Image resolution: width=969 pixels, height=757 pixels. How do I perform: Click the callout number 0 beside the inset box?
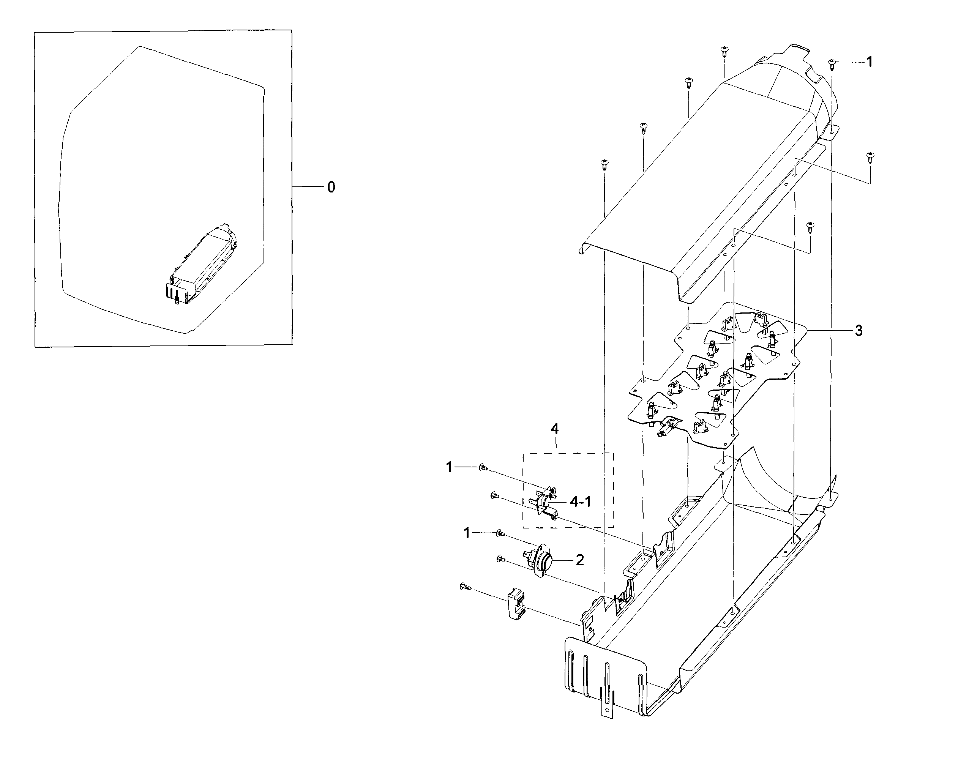click(x=331, y=187)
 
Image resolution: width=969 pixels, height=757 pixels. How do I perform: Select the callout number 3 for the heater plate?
click(x=859, y=331)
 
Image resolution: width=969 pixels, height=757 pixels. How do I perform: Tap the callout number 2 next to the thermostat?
click(x=579, y=560)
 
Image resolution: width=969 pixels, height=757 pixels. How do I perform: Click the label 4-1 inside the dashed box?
click(x=580, y=502)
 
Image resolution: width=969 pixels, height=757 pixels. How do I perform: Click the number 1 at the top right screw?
click(x=870, y=62)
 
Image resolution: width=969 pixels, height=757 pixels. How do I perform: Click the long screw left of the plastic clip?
click(x=466, y=587)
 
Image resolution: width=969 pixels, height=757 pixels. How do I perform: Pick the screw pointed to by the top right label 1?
click(x=832, y=64)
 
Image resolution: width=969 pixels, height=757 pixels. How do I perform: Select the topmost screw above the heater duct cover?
click(x=724, y=50)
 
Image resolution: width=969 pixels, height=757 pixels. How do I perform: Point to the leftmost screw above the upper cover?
click(x=604, y=164)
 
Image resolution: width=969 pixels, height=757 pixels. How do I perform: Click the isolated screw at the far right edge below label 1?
click(x=870, y=157)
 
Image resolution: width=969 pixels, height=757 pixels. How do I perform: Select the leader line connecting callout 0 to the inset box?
click(x=308, y=187)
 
